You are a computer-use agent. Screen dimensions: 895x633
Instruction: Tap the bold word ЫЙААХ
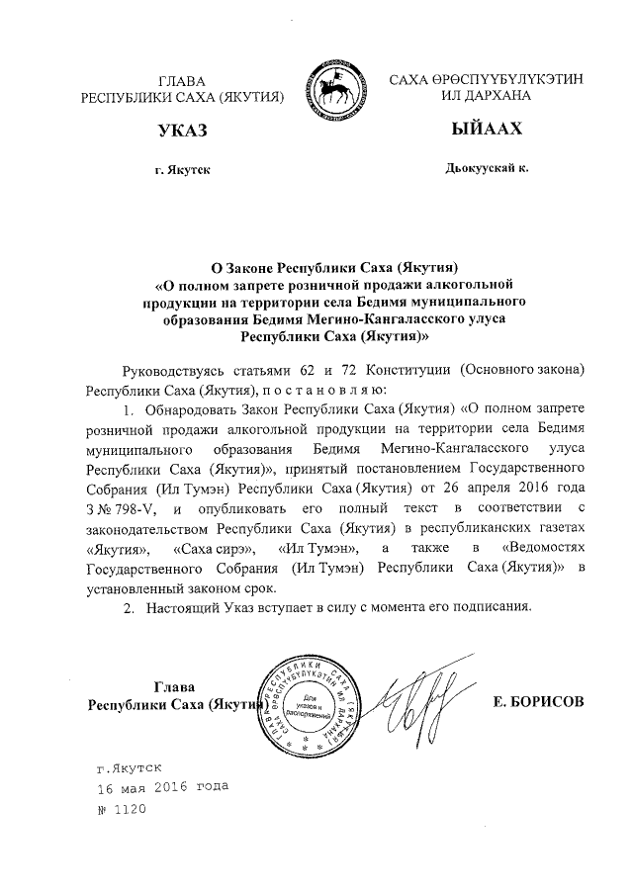[x=485, y=131]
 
